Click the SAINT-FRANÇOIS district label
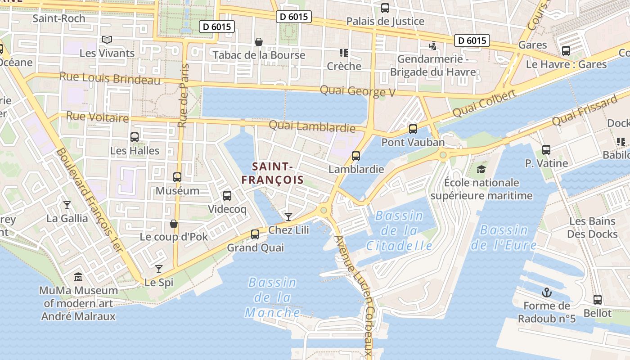pos(272,173)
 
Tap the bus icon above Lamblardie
pos(356,156)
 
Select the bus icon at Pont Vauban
pos(413,129)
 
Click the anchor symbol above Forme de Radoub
pos(546,293)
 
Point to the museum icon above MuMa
pos(78,277)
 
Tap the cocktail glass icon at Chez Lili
pos(288,217)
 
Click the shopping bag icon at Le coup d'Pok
pos(174,224)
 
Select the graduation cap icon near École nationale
pos(481,170)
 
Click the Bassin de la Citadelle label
pos(399,231)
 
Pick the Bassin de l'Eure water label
pos(504,238)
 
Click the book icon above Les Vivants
pos(107,40)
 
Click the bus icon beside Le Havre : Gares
pos(566,51)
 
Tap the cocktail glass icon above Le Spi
pos(159,269)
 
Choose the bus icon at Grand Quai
pos(255,234)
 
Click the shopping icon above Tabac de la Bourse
pos(259,42)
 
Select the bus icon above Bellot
pos(598,300)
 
